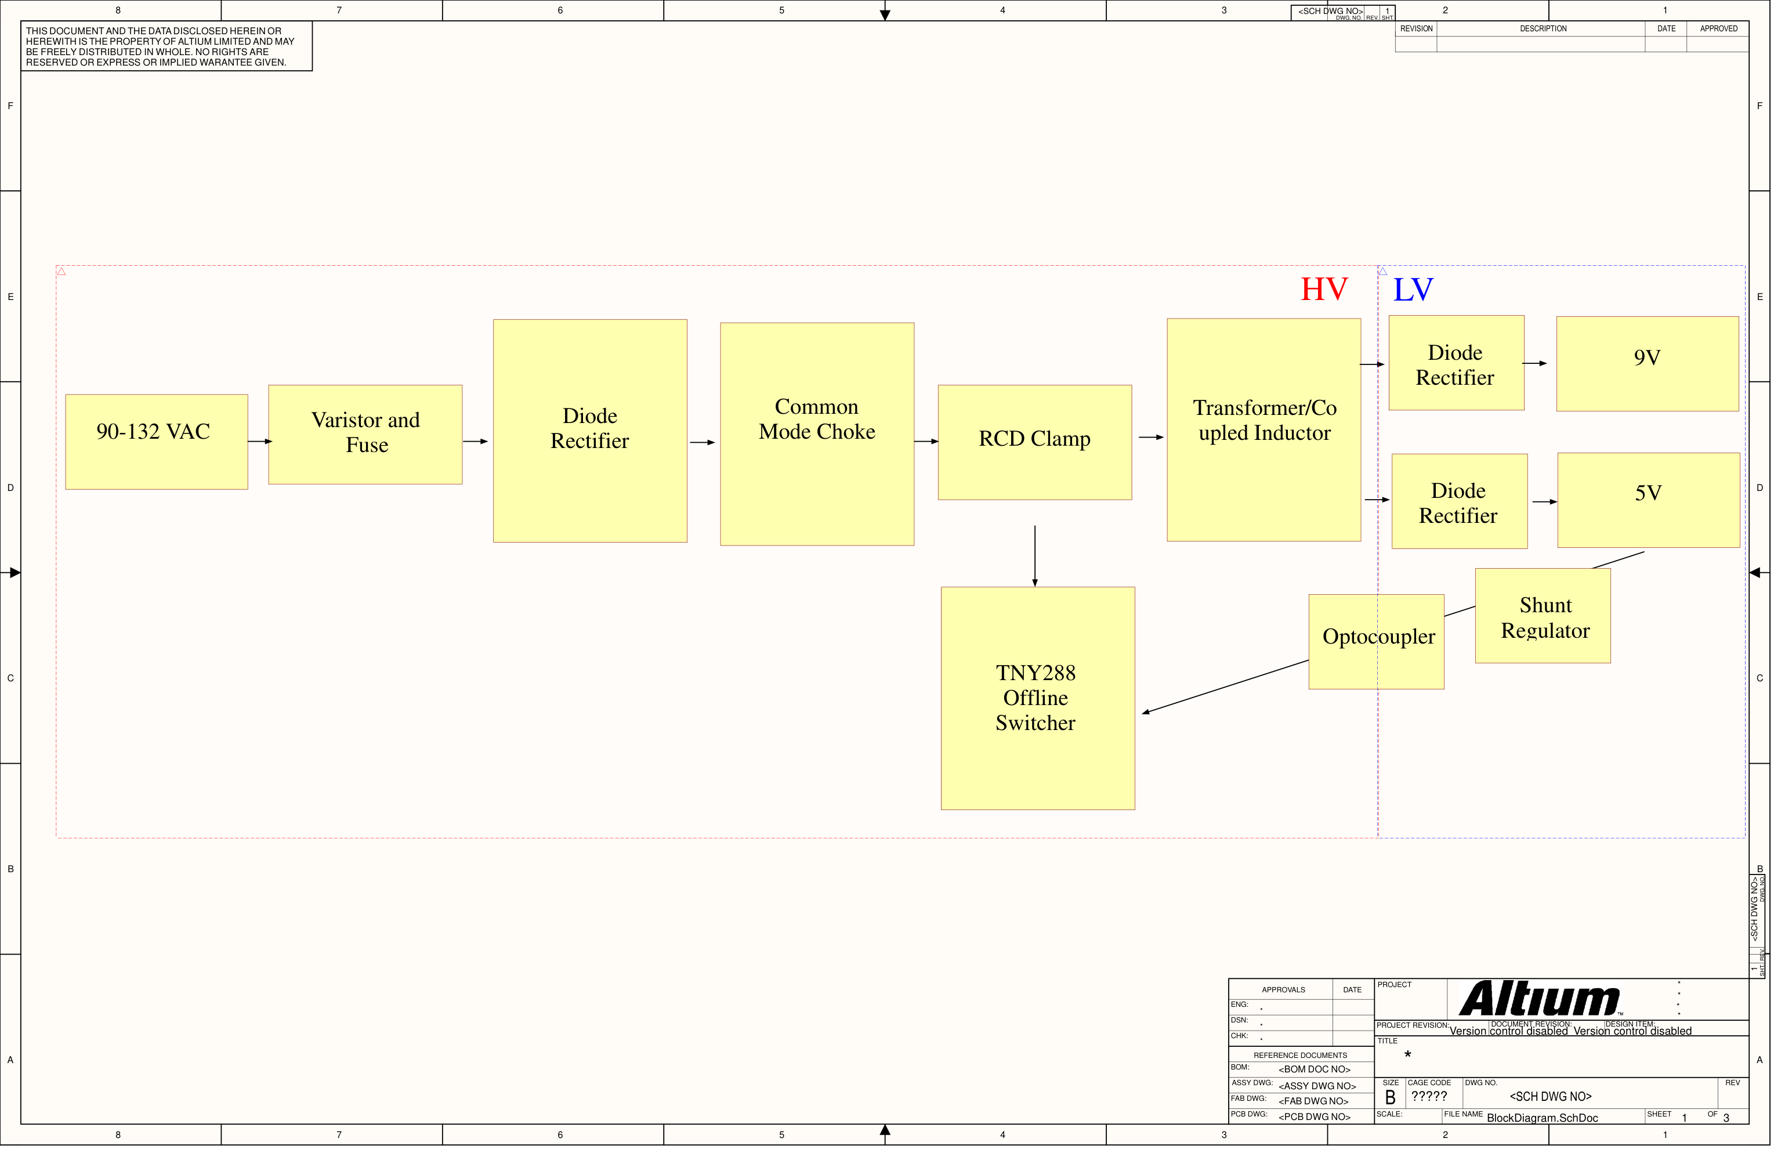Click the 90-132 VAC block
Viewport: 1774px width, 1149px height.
[157, 442]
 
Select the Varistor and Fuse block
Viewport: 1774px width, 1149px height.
[365, 435]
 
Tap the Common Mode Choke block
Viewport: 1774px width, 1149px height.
[817, 434]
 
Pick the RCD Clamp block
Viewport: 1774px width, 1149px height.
[1034, 442]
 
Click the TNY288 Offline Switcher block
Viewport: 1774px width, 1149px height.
[1038, 698]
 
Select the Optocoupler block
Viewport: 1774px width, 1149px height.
[1376, 641]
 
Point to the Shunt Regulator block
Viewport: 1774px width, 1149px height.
[1543, 616]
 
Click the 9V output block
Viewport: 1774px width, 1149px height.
[1648, 364]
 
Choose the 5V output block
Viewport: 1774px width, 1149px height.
[1649, 500]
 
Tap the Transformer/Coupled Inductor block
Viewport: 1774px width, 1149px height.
[1263, 429]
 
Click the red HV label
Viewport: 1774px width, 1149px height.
[1324, 290]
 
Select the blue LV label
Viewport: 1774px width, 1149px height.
[1413, 290]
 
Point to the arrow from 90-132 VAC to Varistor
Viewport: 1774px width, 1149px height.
[260, 442]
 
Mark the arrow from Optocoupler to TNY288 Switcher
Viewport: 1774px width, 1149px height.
[1225, 686]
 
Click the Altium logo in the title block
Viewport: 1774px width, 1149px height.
[1539, 999]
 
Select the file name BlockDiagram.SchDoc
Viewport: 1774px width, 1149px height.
[1542, 1118]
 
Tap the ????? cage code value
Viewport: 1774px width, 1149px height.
[1429, 1096]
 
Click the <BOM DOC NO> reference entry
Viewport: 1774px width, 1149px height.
[1314, 1069]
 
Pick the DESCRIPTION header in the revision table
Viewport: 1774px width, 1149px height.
[1543, 28]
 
